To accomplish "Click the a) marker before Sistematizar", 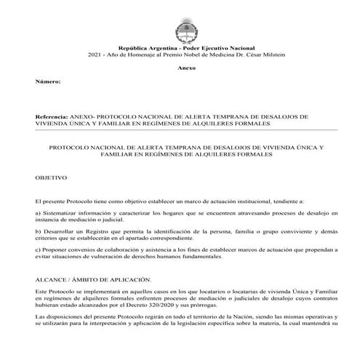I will click(x=38, y=211).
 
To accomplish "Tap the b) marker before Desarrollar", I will click(x=38, y=230).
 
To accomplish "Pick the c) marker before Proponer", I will click(x=38, y=249).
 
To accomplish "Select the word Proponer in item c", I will click(x=57, y=249).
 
